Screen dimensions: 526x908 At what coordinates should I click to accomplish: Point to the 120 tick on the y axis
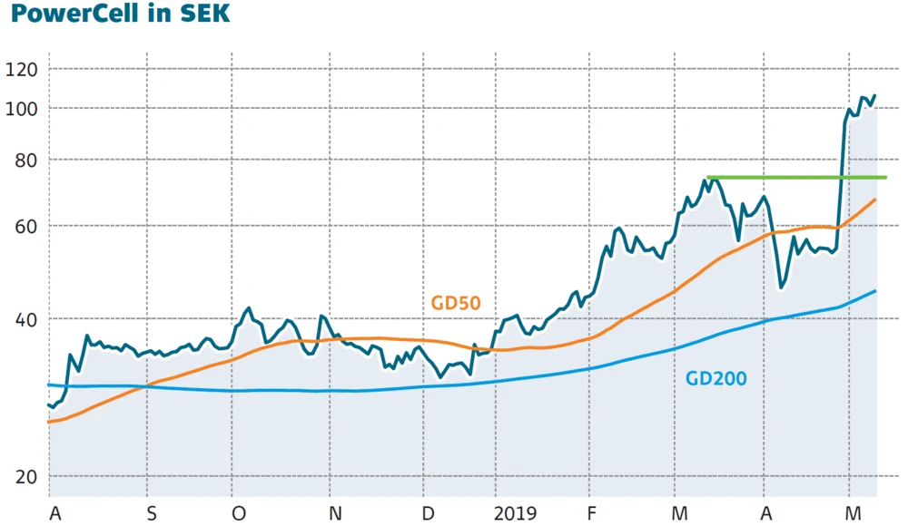pos(20,70)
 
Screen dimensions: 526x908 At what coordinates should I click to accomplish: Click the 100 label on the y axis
pos(20,109)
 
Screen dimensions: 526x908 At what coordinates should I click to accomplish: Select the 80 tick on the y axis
pos(20,160)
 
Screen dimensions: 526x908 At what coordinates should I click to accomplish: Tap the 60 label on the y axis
pos(20,226)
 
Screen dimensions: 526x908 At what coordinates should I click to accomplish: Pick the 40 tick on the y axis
pos(20,319)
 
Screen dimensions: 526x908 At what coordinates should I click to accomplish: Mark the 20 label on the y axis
pos(20,478)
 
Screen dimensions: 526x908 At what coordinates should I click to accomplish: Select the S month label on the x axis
pos(152,514)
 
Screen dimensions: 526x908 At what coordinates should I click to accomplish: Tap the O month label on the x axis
pos(239,514)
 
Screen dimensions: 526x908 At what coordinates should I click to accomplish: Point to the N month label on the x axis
pos(335,514)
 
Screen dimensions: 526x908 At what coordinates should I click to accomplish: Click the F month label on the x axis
pos(592,514)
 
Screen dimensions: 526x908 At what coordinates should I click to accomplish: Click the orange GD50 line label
pos(455,304)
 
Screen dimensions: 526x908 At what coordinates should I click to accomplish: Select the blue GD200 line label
pos(716,378)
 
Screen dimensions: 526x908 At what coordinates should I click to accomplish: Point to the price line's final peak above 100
pos(873,95)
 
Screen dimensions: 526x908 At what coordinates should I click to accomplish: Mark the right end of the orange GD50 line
pos(875,200)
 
